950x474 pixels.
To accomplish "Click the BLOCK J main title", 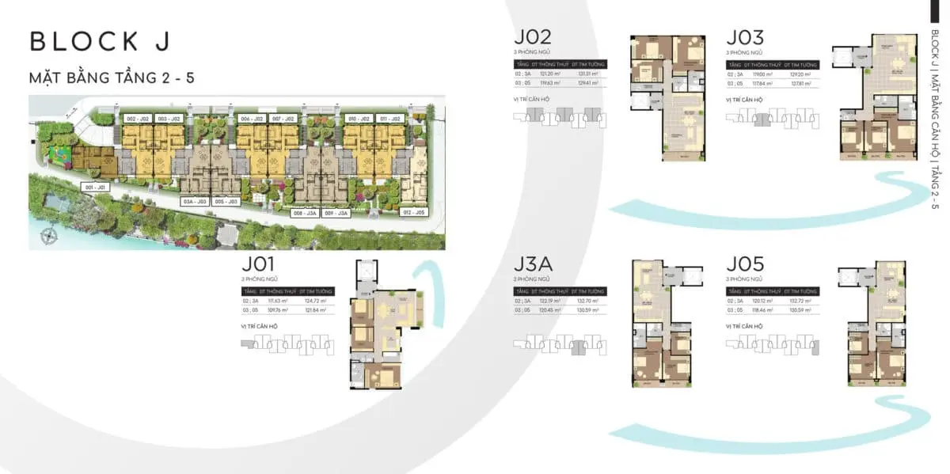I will pos(99,42).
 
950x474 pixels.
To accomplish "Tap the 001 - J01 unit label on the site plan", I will pos(94,187).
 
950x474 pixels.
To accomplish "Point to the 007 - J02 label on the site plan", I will pos(283,118).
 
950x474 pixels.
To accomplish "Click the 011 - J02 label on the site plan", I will pos(389,118).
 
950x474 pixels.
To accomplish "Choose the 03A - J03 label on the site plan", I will pos(194,201).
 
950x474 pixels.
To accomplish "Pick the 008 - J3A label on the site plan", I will pos(306,213).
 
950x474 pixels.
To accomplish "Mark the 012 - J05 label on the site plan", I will pos(414,213).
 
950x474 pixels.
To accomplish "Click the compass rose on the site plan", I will pos(51,234).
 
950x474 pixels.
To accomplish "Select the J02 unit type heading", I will pos(533,38).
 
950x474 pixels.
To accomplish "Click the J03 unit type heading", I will pos(746,38).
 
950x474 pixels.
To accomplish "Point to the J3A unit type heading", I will pos(533,264).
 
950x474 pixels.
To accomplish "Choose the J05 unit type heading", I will pos(746,264).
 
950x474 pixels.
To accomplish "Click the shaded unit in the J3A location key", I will pos(579,345).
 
